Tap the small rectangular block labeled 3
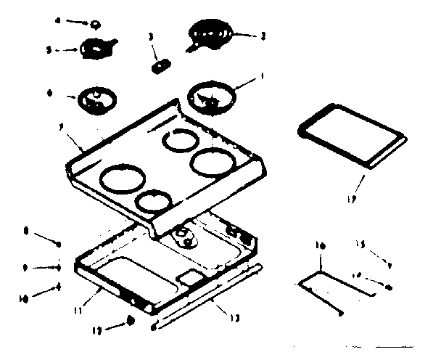(157, 66)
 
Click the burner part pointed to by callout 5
(96, 49)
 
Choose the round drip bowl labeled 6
(96, 99)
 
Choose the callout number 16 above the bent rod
(320, 247)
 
